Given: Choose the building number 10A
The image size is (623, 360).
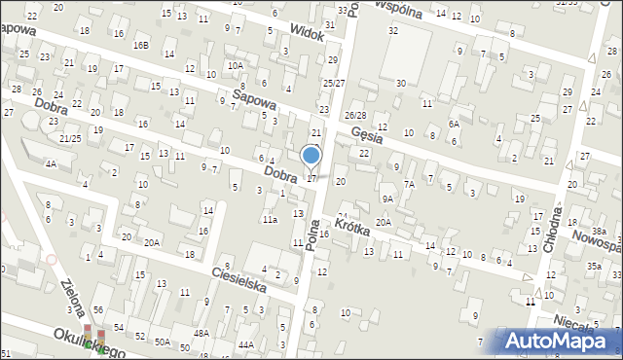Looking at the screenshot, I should pos(236,65).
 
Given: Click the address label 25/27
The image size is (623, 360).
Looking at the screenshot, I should pos(334,84).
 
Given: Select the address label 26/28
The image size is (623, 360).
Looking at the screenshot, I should pos(356,116).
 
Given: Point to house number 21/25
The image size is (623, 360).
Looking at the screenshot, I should pos(69,139).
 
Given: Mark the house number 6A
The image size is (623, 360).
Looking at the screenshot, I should pos(454,124).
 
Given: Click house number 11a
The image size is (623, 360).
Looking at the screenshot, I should pos(269,220).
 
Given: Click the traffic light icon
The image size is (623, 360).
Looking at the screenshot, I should pos(94,339).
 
